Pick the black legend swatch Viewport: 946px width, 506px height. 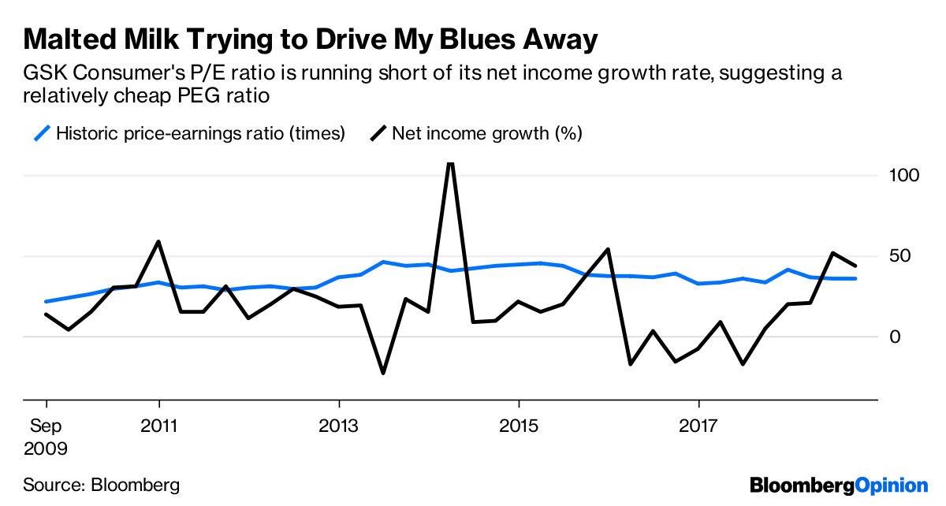(378, 133)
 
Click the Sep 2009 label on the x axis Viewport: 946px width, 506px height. (46, 437)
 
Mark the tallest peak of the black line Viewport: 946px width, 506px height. (450, 163)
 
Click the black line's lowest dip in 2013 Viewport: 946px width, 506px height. (383, 373)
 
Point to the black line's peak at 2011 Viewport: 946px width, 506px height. (159, 242)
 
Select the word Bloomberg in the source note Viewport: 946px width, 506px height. (135, 485)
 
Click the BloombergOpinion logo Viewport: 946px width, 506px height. (839, 485)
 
